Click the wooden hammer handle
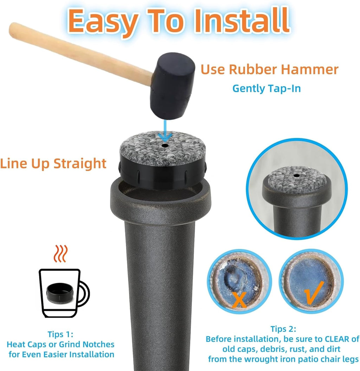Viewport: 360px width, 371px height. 81,54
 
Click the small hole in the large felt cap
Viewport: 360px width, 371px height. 165,145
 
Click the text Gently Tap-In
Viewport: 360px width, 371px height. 266,88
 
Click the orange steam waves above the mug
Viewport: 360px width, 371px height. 61,253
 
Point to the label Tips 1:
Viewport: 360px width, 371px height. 60,334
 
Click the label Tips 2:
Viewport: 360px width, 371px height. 283,329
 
